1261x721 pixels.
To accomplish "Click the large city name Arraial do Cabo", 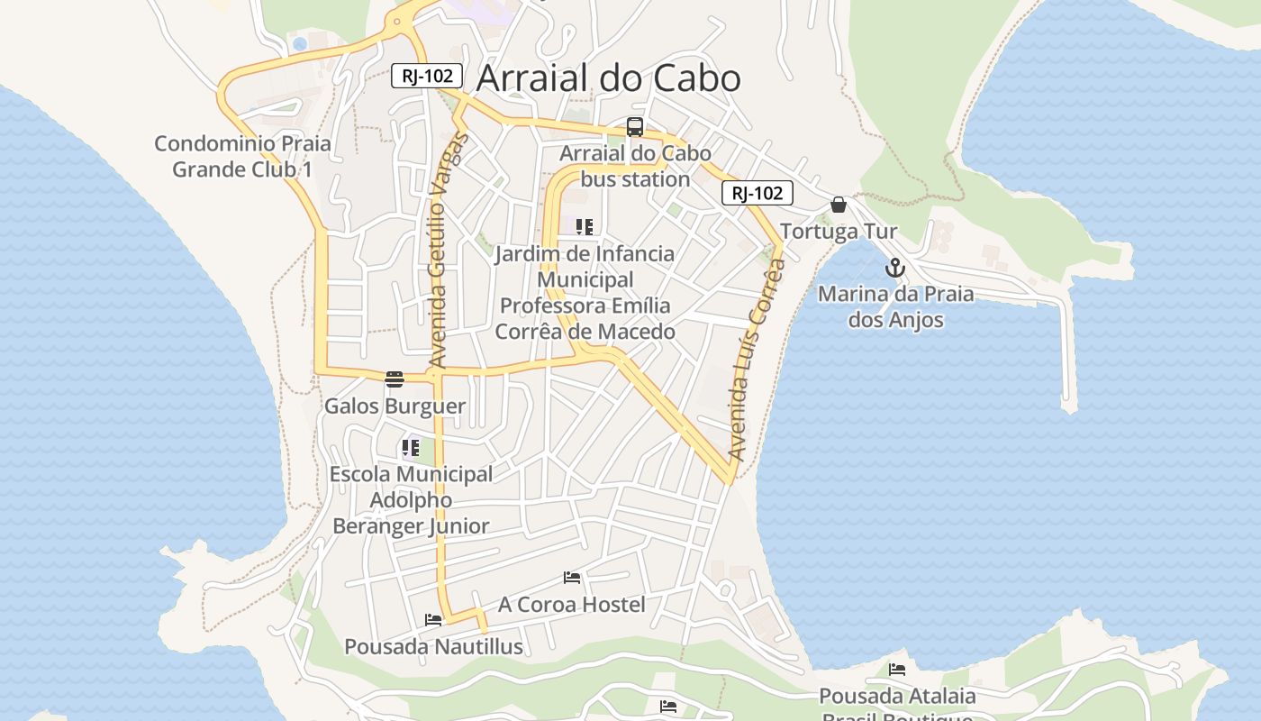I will coord(608,78).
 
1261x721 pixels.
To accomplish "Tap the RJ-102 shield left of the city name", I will coord(427,76).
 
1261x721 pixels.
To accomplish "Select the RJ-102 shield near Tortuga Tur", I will coord(757,193).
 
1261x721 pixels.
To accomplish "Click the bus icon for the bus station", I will coord(635,127).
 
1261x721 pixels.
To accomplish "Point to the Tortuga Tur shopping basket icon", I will coord(839,205).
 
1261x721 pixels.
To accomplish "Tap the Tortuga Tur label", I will coord(839,232).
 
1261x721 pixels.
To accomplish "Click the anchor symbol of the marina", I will coord(894,268).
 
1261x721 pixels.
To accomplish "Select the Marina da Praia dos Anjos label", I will coord(895,307).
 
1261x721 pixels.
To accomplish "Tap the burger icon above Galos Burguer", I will coord(395,379).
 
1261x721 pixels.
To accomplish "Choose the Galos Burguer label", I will coord(395,406).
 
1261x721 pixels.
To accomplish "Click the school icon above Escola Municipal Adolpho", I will coord(411,447).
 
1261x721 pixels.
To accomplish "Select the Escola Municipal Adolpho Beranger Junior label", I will coord(411,500).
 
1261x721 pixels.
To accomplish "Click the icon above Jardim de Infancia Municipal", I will coord(585,227).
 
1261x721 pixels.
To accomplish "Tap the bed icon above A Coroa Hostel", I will coord(572,578).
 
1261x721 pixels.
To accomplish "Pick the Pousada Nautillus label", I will coord(433,647).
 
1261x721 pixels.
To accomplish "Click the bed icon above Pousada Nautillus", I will coord(433,620).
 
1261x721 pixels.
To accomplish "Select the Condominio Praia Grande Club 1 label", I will coord(242,156).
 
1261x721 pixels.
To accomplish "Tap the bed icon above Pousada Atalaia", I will coord(897,670).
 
